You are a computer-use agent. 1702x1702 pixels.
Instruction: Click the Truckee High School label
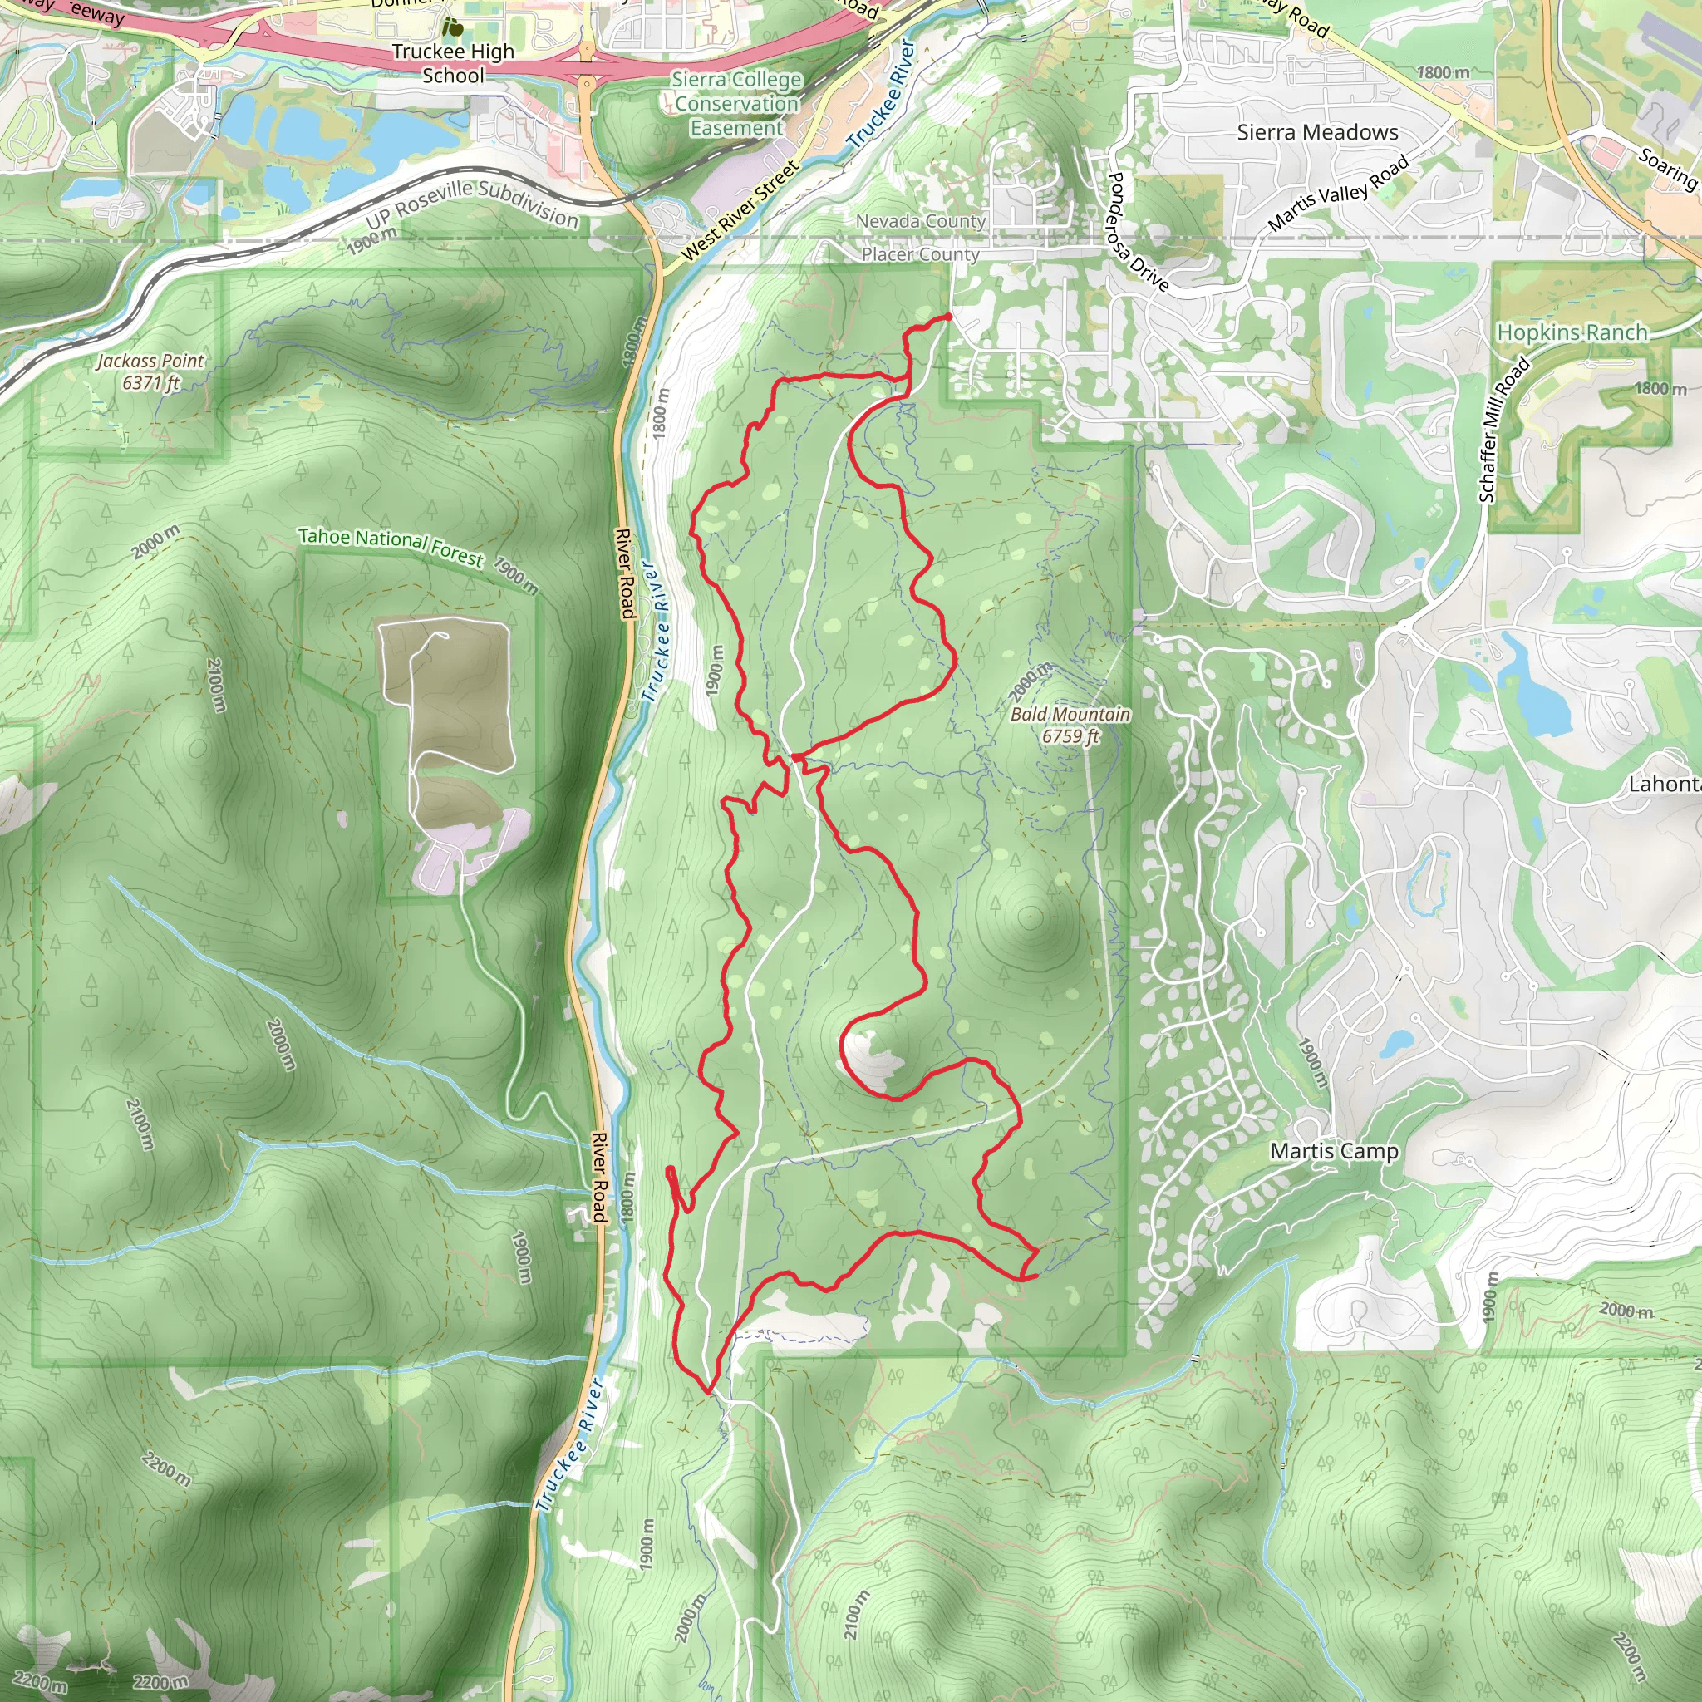453,63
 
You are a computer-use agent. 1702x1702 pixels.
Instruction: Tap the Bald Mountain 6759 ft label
1070,724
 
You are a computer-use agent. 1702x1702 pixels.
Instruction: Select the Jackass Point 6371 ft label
150,371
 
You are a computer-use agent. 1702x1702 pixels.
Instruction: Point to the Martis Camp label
1334,1150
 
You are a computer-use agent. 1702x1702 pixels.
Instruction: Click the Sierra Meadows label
1317,133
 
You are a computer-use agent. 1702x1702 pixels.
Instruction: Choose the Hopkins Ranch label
1572,333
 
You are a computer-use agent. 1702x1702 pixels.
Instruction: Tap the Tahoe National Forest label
391,546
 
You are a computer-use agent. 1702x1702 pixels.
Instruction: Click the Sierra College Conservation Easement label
736,104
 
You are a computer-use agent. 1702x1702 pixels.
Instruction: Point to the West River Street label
740,210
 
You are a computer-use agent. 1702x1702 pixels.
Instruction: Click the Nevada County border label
921,221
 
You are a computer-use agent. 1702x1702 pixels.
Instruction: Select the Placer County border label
921,254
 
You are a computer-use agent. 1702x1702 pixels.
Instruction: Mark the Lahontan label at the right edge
1664,783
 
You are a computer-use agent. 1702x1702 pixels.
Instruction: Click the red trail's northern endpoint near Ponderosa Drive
948,317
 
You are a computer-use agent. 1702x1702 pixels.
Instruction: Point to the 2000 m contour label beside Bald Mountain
1031,680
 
